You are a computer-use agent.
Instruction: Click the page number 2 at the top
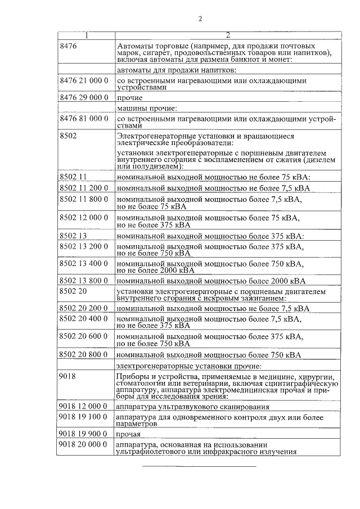(x=200, y=19)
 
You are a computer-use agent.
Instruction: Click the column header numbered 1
(x=87, y=35)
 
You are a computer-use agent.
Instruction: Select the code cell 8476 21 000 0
(x=84, y=81)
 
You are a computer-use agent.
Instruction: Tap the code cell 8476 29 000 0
(x=84, y=97)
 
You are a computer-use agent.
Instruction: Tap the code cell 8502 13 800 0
(x=84, y=280)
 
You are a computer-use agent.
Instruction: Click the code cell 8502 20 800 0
(x=84, y=354)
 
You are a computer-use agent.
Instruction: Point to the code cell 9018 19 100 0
(x=84, y=417)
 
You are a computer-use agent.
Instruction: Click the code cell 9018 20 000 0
(x=84, y=445)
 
